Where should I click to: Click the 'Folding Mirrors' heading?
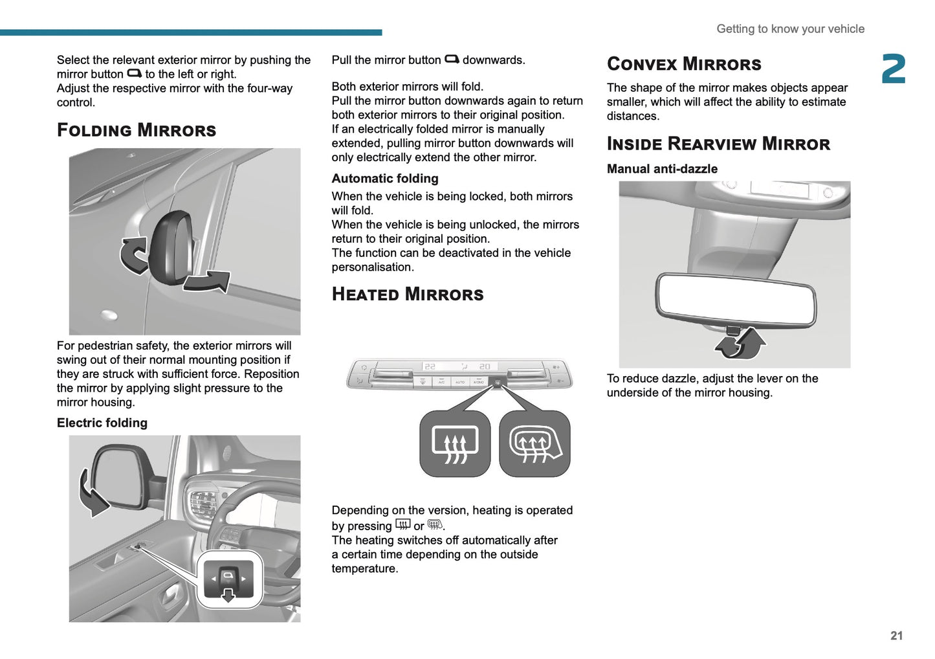pos(137,130)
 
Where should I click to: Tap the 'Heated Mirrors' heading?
pos(407,295)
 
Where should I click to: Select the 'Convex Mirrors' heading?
pos(684,64)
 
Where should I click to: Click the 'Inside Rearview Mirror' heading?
pos(718,144)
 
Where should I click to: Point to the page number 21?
pos(896,636)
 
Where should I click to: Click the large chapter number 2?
pos(894,69)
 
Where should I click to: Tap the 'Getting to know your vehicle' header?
pos(790,28)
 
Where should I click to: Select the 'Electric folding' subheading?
pos(102,423)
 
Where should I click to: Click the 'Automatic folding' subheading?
pos(385,179)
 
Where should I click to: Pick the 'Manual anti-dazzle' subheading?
pos(662,169)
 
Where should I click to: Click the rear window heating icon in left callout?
pos(455,445)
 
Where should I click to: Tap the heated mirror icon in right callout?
pos(534,445)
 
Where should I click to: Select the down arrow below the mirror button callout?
pos(228,595)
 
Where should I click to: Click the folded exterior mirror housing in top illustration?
pos(171,246)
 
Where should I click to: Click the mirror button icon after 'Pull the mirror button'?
pos(452,60)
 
